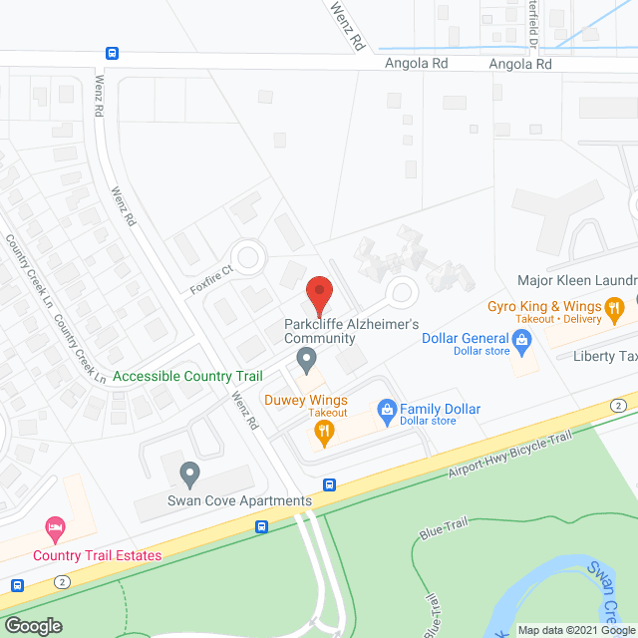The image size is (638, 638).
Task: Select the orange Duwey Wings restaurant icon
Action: (x=322, y=432)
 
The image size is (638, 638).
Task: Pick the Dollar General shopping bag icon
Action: (x=521, y=342)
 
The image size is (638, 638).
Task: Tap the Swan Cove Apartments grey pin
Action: (x=188, y=473)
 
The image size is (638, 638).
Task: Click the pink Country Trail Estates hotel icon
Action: (x=56, y=526)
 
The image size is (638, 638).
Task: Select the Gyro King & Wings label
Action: (x=543, y=306)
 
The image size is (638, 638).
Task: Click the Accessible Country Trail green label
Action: (x=187, y=377)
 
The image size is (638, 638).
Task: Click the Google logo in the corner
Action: (x=32, y=625)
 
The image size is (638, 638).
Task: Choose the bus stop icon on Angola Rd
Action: (x=113, y=54)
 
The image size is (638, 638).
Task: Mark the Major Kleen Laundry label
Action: (x=577, y=281)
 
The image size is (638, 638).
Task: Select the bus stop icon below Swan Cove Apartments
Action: (x=262, y=527)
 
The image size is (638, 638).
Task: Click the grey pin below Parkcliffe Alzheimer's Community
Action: (x=307, y=358)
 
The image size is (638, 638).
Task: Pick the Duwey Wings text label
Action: (x=305, y=399)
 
